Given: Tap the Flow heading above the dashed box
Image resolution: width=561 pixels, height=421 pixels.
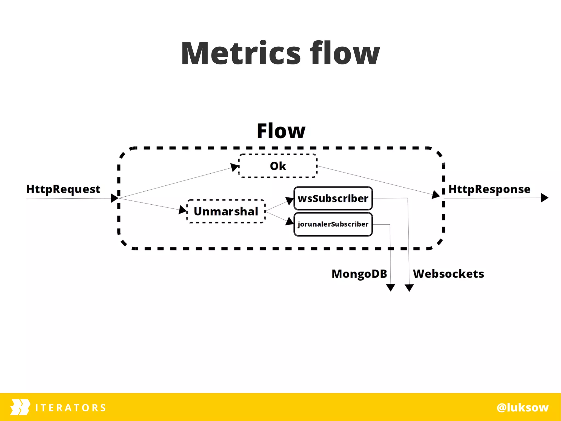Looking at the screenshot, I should coord(281,131).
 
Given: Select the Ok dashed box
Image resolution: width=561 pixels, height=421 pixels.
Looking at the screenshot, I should coord(278,166).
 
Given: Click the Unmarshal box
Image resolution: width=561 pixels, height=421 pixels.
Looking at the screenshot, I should coord(226,211).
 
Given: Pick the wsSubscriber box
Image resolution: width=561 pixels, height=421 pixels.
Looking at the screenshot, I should coord(333,198).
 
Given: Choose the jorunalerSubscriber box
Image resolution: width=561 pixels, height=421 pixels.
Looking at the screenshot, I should coord(333,224).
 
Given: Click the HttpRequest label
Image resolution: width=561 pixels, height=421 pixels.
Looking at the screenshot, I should coord(63,189).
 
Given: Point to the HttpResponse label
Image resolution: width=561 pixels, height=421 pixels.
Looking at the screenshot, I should coord(489,189).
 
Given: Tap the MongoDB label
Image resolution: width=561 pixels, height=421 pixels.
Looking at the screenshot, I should coord(359,274).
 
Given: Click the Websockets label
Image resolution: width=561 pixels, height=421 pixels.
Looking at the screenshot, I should coord(448,274).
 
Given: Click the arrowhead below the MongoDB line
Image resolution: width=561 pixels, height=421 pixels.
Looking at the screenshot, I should coord(391,287).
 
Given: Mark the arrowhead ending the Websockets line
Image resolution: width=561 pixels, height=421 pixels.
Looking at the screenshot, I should coord(409,287).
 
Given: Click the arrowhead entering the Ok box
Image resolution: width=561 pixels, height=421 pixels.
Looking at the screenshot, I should coord(234,167).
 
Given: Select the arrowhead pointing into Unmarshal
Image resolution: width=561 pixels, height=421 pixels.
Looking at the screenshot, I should coord(183,210).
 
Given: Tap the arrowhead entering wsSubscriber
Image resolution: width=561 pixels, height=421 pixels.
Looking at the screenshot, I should coord(290,200).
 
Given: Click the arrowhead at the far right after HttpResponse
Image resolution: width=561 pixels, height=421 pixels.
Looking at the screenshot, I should coord(544,198).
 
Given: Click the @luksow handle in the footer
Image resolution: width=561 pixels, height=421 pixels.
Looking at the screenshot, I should coord(523,407).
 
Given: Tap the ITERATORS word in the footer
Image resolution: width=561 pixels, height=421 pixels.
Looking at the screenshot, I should coord(71,408).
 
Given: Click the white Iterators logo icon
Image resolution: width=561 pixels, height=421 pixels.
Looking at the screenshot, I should coord(20,407).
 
